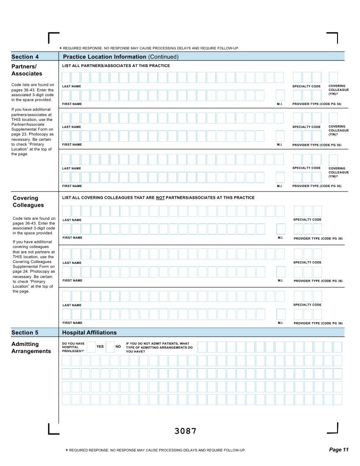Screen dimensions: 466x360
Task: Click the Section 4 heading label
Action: [25, 56]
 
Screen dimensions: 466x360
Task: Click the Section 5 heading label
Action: [25, 333]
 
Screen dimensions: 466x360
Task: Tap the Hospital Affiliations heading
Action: [90, 333]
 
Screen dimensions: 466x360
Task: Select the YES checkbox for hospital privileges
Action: [91, 347]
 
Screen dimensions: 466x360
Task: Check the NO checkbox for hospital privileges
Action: [110, 347]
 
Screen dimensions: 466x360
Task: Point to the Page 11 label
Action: [339, 450]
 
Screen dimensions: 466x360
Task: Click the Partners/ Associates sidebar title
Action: [27, 70]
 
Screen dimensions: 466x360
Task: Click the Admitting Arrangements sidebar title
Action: [31, 347]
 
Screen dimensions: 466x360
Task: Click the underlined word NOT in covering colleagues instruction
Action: [161, 198]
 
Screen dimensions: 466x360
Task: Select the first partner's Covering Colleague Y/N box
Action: [333, 77]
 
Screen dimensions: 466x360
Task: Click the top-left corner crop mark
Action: [53, 37]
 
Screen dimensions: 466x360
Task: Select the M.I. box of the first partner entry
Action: [280, 95]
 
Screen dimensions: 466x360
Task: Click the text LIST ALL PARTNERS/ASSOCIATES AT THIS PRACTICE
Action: [116, 66]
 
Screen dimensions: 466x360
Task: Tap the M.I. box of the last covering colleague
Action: [281, 314]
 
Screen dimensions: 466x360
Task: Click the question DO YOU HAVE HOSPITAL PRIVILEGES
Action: [73, 347]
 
